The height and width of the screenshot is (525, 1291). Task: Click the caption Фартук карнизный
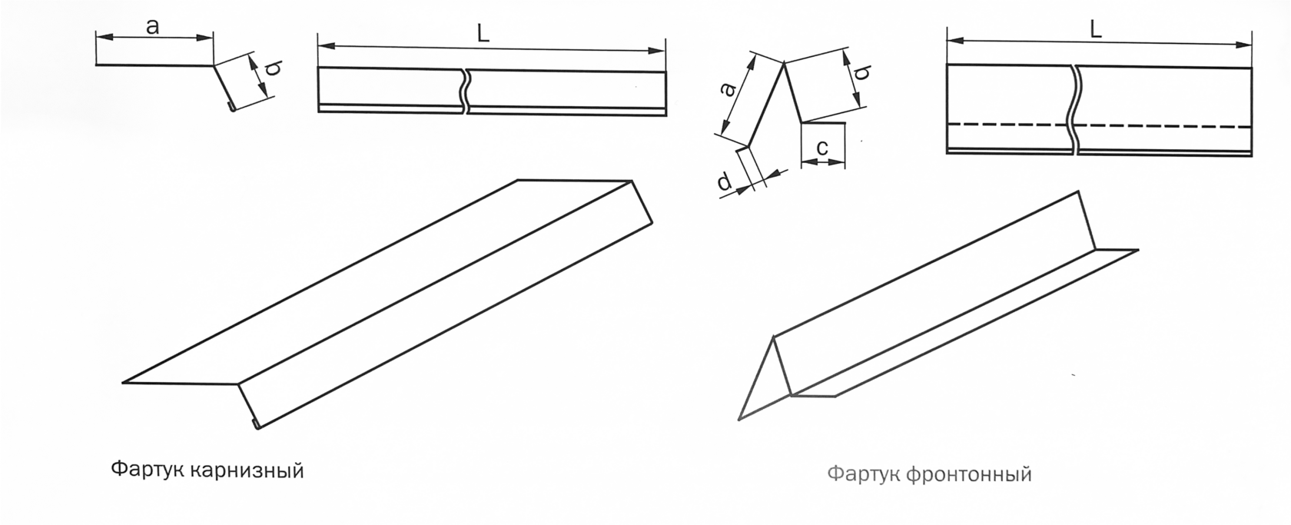click(x=207, y=471)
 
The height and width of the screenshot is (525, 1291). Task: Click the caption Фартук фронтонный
click(x=930, y=473)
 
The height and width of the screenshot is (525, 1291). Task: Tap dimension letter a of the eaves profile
click(x=152, y=26)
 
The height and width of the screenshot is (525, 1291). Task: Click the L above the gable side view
click(x=1096, y=29)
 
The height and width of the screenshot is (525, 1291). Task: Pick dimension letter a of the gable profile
click(x=728, y=90)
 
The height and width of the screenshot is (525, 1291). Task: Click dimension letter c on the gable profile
click(x=822, y=148)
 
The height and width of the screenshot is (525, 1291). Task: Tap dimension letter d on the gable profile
click(x=724, y=182)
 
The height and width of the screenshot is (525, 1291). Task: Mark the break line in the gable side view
click(x=1075, y=109)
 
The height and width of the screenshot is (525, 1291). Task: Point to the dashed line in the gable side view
click(x=1099, y=125)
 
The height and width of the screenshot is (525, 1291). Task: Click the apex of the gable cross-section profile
click(x=783, y=63)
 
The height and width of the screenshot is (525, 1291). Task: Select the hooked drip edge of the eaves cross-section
click(x=231, y=107)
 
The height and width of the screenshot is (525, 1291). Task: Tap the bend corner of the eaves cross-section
click(x=214, y=65)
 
